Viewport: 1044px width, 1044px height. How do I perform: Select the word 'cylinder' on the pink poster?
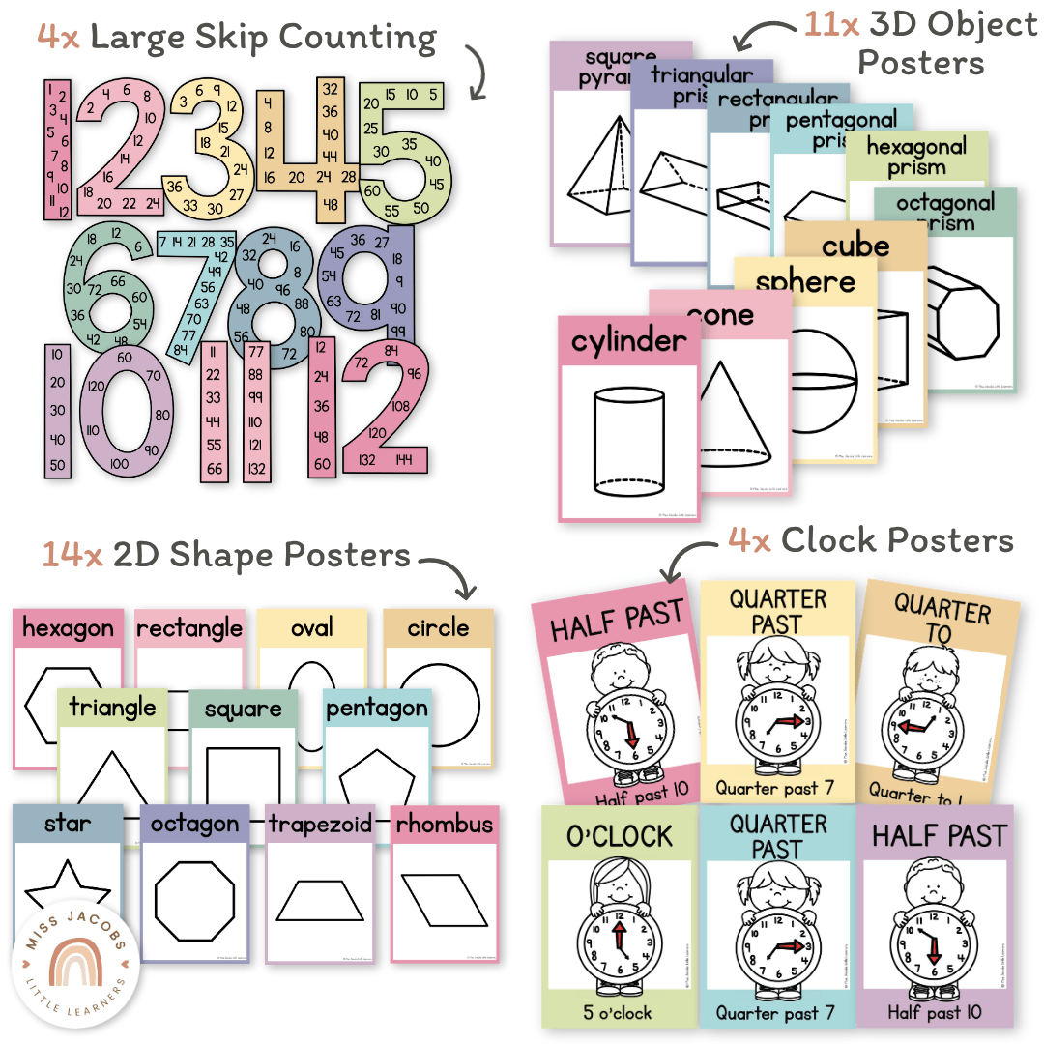click(628, 341)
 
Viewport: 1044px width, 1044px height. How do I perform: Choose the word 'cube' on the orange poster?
click(855, 246)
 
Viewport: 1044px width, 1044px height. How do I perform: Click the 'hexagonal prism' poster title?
click(915, 157)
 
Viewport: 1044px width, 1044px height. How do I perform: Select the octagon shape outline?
click(194, 899)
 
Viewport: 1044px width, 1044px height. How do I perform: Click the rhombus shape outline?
click(447, 900)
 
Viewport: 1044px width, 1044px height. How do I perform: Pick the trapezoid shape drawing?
click(320, 900)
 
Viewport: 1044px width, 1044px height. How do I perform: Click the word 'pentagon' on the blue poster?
click(376, 708)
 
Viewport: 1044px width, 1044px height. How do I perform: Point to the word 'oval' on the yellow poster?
click(311, 628)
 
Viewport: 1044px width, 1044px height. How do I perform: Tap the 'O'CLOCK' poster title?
click(620, 835)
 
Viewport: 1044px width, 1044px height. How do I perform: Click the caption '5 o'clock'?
click(620, 1013)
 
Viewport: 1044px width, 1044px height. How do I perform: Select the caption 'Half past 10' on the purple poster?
click(936, 1011)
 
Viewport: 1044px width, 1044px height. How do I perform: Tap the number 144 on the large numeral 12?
click(404, 460)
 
